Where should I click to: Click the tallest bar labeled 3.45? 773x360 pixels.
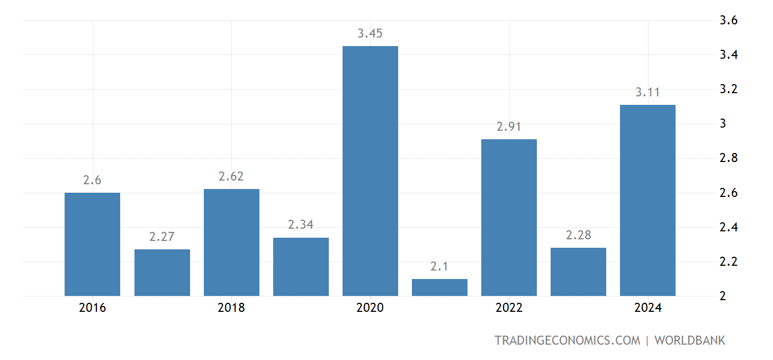tap(370, 170)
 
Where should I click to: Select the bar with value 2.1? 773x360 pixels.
tap(439, 287)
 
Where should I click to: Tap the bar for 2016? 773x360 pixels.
tap(92, 244)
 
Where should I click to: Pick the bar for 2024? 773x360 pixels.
tap(648, 200)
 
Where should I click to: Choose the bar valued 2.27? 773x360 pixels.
tap(162, 272)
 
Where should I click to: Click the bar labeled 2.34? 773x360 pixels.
tap(301, 266)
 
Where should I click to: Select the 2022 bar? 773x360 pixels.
tap(509, 217)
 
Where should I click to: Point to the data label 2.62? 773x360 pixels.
tap(231, 176)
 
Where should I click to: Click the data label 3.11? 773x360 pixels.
tap(648, 92)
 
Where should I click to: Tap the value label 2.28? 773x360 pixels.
tap(578, 235)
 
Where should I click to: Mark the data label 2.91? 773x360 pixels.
tap(509, 127)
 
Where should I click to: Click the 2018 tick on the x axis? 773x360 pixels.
tap(231, 308)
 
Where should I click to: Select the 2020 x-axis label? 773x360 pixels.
tap(370, 308)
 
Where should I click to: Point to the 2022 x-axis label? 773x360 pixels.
tap(509, 308)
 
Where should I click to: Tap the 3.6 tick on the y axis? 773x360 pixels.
tap(729, 21)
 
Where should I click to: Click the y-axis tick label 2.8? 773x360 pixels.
tap(729, 158)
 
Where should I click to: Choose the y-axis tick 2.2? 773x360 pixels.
tap(729, 262)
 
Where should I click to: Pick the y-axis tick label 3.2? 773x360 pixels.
tap(729, 89)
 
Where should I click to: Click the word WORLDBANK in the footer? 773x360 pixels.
tap(690, 340)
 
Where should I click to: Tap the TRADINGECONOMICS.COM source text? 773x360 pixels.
tap(567, 340)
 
